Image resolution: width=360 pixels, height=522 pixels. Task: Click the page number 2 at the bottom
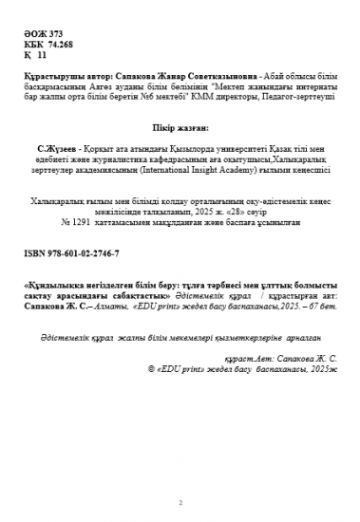click(x=180, y=502)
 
